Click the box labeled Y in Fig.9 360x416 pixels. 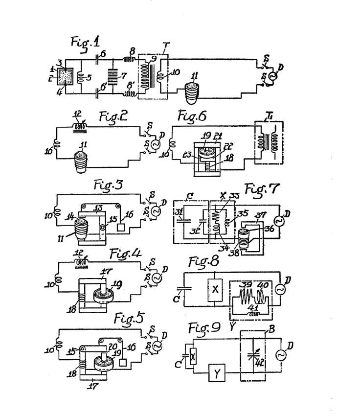(214, 375)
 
